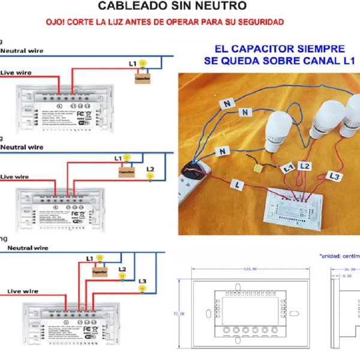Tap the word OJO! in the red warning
56,22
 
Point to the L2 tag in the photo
305,165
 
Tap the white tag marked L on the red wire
238,187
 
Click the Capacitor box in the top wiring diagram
142,78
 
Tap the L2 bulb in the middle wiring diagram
151,176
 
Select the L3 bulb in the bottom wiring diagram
142,289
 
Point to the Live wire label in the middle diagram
15,176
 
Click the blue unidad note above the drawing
339,256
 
